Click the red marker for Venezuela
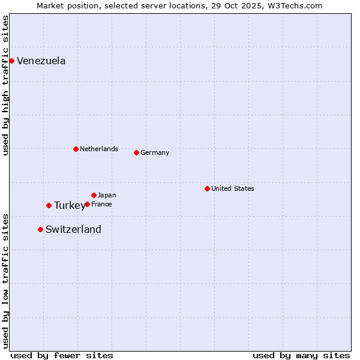coord(11,61)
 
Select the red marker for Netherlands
coord(76,149)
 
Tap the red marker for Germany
coord(136,152)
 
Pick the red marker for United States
coord(207,188)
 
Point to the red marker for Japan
coord(94,195)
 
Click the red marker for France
coord(87,204)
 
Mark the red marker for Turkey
coord(49,205)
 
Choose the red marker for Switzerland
coord(40,229)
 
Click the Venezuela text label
coord(41,61)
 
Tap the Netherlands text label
coord(99,149)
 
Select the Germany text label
coord(155,152)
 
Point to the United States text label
coord(233,188)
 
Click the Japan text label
coord(107,195)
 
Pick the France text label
coord(101,204)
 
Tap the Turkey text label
coord(70,205)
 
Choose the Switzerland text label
coord(73,229)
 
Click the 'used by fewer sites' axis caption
coord(62,355)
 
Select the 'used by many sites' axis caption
coord(301,355)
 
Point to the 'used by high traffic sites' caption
coord(5,85)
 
